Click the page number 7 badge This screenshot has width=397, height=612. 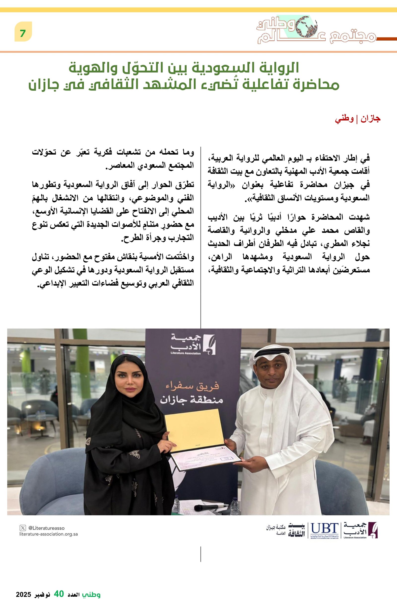tap(23, 32)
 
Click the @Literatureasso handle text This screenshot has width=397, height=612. tap(46, 528)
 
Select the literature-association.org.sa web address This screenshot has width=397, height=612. tap(48, 534)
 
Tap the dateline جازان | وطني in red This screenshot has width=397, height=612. tap(357, 119)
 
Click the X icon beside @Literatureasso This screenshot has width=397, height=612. tap(23, 528)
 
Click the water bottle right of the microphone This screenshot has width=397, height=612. tap(235, 505)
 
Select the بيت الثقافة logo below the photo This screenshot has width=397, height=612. tap(297, 531)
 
